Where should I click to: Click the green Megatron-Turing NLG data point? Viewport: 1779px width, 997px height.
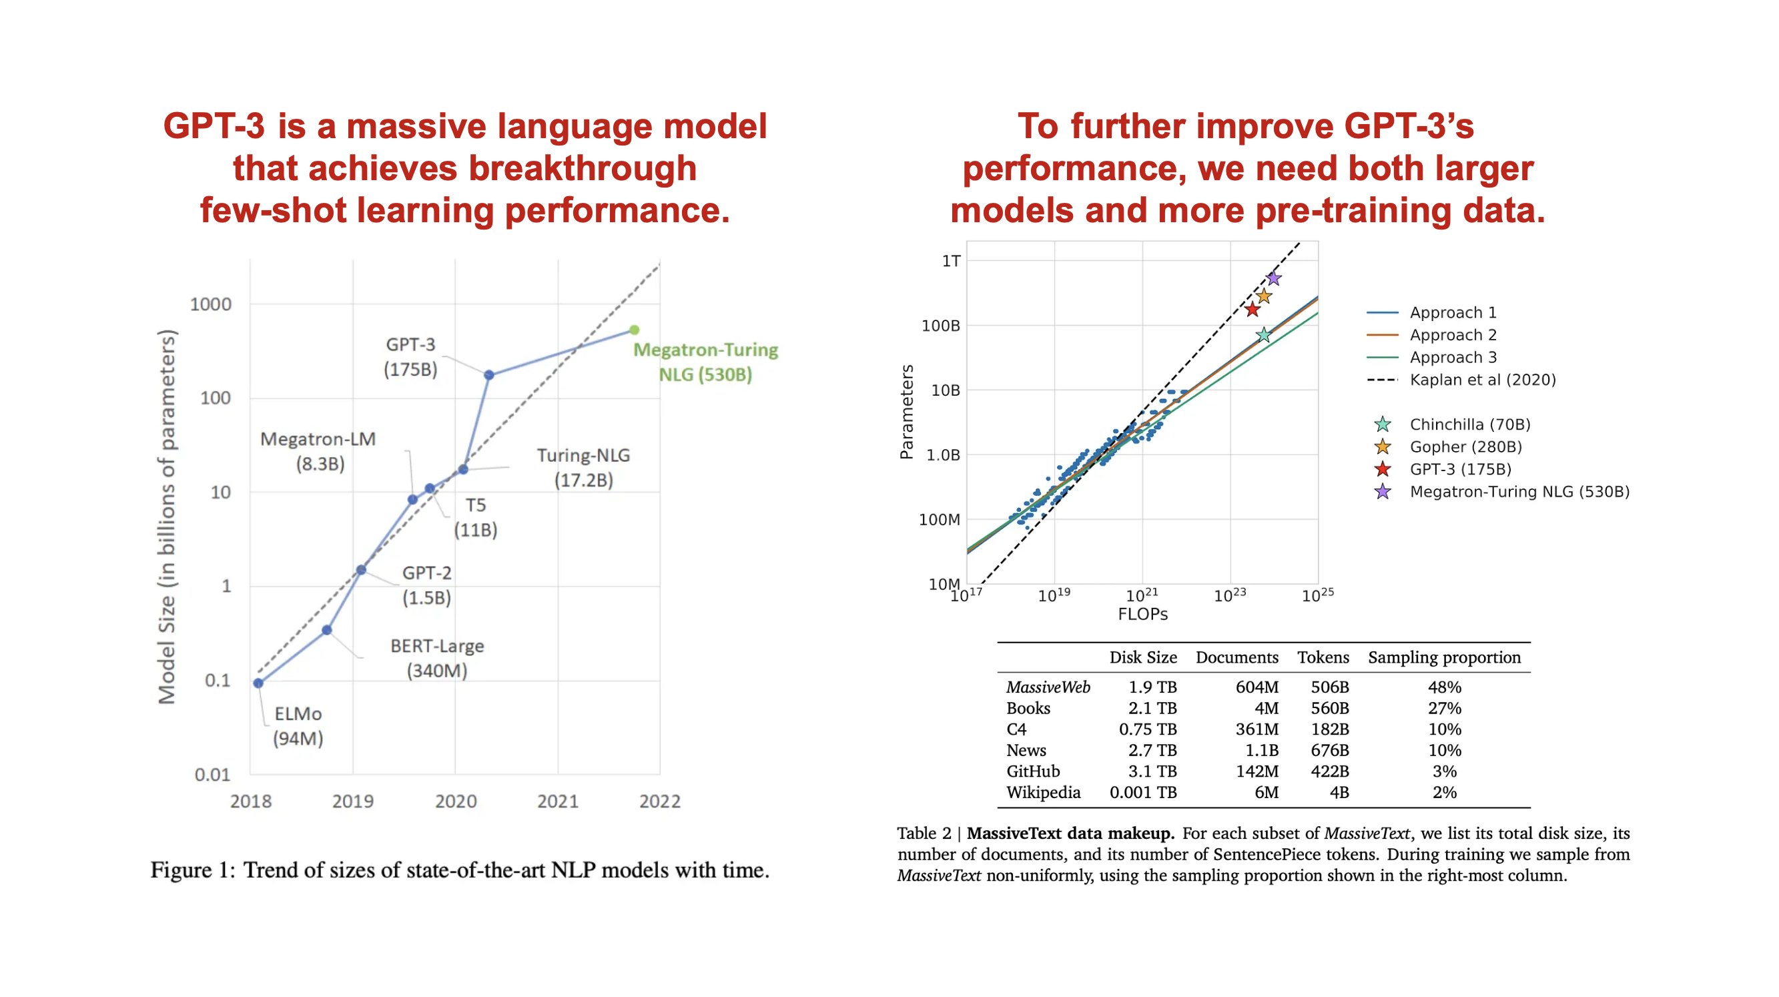pos(634,330)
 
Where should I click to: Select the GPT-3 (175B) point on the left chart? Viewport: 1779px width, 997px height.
pos(489,375)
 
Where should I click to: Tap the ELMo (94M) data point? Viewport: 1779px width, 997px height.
pos(258,683)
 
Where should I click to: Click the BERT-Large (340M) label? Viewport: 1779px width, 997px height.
pos(436,658)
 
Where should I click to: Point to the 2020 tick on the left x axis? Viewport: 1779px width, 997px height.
pos(456,801)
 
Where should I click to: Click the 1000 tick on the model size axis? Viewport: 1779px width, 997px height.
pos(211,304)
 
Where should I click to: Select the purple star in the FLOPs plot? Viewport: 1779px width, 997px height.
pos(1274,278)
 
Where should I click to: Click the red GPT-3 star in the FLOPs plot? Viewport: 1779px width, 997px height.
pos(1252,310)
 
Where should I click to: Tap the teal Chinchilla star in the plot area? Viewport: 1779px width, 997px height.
pos(1263,335)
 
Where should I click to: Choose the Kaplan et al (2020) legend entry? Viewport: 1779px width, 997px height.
pos(1482,380)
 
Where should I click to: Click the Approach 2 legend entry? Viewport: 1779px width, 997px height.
pos(1453,335)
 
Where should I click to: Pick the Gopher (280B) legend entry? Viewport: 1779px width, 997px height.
pos(1465,446)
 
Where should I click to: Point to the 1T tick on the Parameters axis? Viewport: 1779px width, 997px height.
pos(951,261)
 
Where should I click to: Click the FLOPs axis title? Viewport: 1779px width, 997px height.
pos(1142,614)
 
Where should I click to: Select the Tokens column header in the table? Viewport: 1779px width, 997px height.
pos(1323,657)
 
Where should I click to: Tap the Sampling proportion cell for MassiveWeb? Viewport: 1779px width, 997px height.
pos(1444,687)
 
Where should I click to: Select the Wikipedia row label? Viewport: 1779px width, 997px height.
pos(1043,792)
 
